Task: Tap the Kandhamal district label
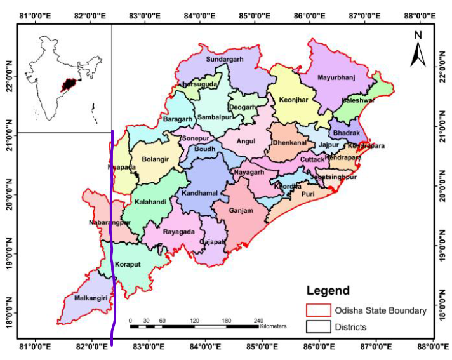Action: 199,192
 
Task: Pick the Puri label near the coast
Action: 308,194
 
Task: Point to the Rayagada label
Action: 178,232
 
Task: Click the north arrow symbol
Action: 417,50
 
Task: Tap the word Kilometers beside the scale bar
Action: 272,326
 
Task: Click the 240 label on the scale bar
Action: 258,320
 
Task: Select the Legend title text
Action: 328,291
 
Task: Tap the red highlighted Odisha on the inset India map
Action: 66,85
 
